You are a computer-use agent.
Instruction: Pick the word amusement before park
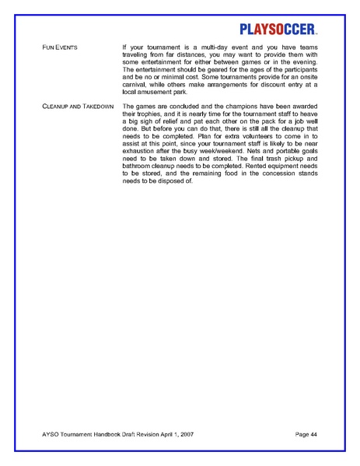click(x=154, y=92)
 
